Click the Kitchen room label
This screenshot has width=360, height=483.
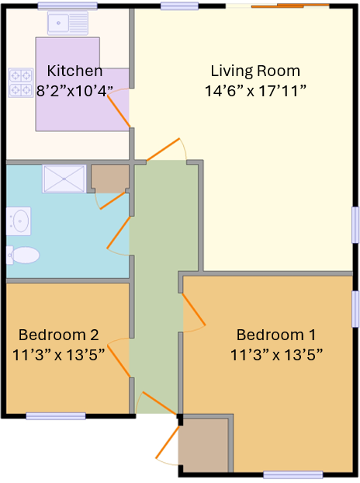point(74,71)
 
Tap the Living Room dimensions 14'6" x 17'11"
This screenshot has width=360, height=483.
point(255,91)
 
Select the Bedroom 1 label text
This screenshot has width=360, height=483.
point(275,335)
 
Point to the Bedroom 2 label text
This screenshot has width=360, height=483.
point(58,335)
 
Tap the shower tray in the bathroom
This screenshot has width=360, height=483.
point(64,179)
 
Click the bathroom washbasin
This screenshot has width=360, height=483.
point(19,221)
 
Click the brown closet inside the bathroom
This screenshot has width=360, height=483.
point(109,179)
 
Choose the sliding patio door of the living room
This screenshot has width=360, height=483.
point(277,6)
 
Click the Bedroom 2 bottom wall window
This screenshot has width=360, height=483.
point(55,416)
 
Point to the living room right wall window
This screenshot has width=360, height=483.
point(355,225)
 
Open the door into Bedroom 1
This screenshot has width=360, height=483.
point(194,311)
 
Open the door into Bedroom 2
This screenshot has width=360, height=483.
point(118,359)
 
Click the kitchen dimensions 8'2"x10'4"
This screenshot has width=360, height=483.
point(74,91)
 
